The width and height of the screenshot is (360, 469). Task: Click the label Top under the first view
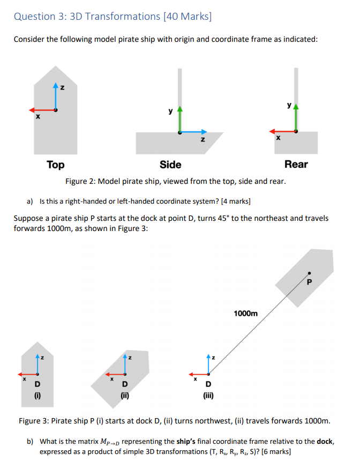point(55,165)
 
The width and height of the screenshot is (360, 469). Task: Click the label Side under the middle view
point(170,165)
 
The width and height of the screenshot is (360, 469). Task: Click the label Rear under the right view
point(296,165)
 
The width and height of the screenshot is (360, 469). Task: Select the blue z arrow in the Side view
point(193,131)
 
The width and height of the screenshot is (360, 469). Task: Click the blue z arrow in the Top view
point(56,96)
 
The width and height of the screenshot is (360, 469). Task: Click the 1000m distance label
point(246,312)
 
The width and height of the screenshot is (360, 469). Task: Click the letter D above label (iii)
point(208,384)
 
